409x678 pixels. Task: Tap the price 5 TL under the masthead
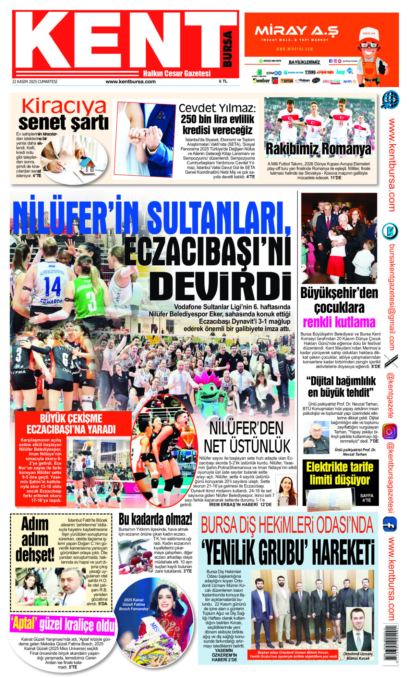click(223, 81)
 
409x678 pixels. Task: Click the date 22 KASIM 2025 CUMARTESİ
click(35, 81)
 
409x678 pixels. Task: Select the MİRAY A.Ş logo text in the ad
click(296, 31)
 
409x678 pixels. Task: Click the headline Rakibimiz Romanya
click(318, 150)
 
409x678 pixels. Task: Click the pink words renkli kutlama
click(339, 322)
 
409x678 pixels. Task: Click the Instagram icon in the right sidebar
click(390, 431)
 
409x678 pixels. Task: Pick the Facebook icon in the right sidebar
click(390, 524)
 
